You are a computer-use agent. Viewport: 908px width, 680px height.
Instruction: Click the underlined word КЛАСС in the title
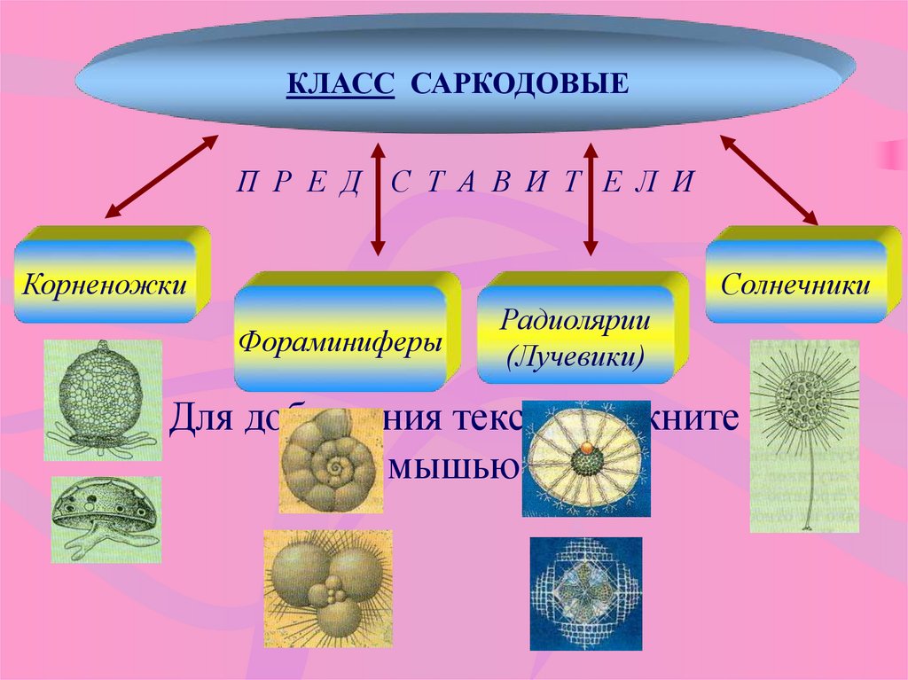340,85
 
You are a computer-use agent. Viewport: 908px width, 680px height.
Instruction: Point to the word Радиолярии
574,319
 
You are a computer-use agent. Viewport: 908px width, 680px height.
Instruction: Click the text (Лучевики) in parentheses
574,359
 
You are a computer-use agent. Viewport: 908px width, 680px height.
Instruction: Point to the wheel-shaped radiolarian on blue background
585,457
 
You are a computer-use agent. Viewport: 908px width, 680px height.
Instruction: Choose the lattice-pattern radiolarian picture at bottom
584,581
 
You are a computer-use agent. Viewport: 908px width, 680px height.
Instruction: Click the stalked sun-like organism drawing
804,434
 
